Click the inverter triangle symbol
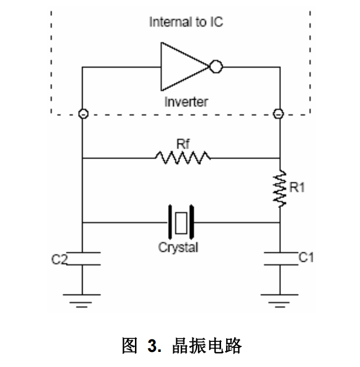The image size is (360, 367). tap(181, 66)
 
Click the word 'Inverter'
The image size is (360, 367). tap(186, 101)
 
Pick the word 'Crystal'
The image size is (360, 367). tap(179, 248)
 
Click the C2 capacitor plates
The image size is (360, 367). tap(82, 258)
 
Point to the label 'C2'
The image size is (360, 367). tap(59, 258)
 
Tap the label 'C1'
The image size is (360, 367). tap(306, 258)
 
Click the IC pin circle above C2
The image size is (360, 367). tap(82, 114)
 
